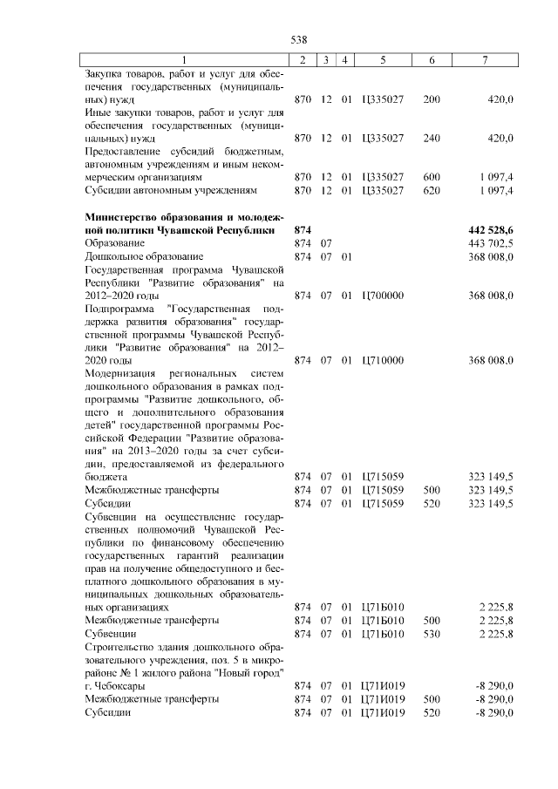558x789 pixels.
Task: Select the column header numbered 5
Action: pyautogui.click(x=383, y=59)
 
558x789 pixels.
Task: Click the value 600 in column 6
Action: pyautogui.click(x=431, y=177)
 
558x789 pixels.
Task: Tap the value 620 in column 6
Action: pyautogui.click(x=431, y=190)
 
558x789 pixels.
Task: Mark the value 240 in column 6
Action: pyautogui.click(x=431, y=138)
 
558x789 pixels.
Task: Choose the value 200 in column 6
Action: pyautogui.click(x=431, y=99)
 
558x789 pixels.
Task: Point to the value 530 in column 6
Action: pyautogui.click(x=431, y=634)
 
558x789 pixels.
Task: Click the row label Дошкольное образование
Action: pyautogui.click(x=144, y=257)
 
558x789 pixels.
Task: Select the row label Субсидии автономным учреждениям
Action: pyautogui.click(x=171, y=190)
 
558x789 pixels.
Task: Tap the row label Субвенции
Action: pyautogui.click(x=108, y=634)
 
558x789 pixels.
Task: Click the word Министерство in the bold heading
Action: pyautogui.click(x=123, y=216)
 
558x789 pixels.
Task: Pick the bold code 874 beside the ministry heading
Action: pyautogui.click(x=303, y=229)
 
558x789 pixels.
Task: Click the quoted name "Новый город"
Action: pyautogui.click(x=253, y=674)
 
